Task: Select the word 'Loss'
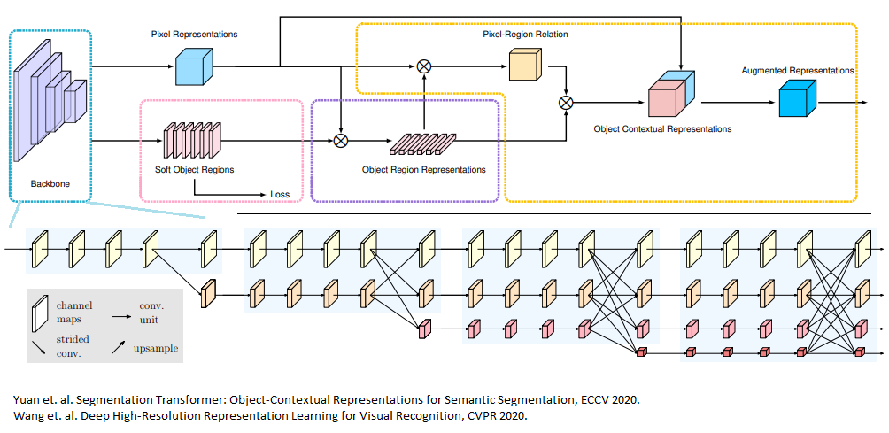[x=281, y=194]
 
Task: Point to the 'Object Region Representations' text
[x=424, y=169]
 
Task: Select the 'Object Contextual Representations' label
[x=662, y=129]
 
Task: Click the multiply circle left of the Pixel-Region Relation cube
[x=424, y=66]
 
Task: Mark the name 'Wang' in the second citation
[x=27, y=416]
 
